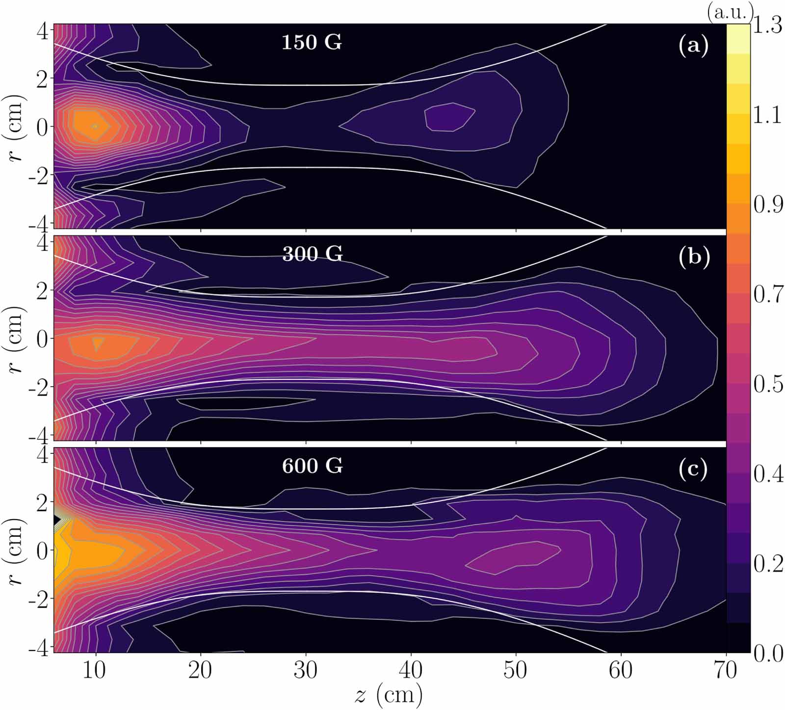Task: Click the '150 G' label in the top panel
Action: click(312, 43)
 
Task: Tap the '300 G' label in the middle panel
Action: click(312, 254)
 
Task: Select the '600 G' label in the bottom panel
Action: click(312, 466)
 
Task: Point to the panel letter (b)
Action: click(694, 257)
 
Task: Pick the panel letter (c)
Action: click(693, 469)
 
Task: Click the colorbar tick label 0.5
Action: click(767, 385)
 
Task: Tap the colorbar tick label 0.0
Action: click(767, 654)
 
